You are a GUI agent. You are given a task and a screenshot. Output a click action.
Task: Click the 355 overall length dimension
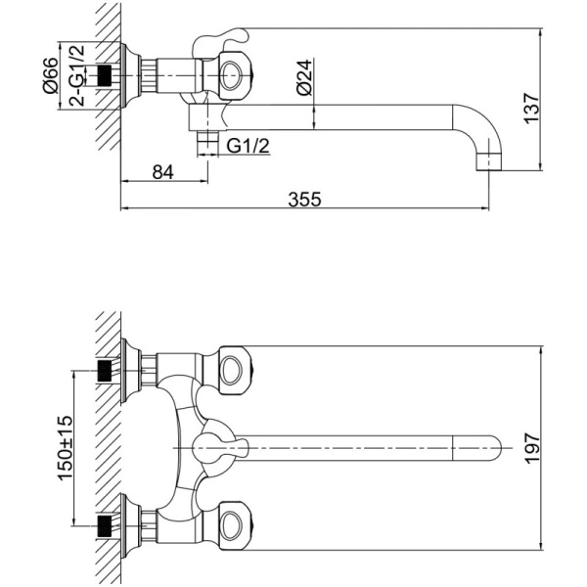[304, 200]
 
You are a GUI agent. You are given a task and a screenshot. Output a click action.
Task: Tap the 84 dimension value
[163, 172]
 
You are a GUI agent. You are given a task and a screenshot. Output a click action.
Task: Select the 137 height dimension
[531, 108]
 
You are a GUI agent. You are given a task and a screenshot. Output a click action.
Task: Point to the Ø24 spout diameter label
[304, 77]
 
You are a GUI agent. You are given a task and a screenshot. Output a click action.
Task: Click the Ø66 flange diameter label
[51, 75]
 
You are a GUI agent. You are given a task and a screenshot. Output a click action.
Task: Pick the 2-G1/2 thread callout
[77, 75]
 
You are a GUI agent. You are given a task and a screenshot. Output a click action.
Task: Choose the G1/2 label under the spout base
[248, 146]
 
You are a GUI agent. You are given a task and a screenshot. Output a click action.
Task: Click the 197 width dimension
[531, 448]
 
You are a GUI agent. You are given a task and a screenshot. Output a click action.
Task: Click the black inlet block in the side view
[106, 75]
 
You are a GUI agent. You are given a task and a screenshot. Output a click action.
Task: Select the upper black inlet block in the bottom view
[105, 371]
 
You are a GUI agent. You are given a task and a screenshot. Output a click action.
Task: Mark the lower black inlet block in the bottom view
[105, 526]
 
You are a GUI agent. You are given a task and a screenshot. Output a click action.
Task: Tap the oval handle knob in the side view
[234, 75]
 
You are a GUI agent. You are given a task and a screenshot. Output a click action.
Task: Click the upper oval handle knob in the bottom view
[235, 370]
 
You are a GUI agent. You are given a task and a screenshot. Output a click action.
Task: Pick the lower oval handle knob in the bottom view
[235, 526]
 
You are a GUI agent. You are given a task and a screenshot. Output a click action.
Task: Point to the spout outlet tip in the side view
[488, 161]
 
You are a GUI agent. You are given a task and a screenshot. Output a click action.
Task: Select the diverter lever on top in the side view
[220, 42]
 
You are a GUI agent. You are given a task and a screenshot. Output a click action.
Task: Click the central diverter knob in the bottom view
[219, 448]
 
